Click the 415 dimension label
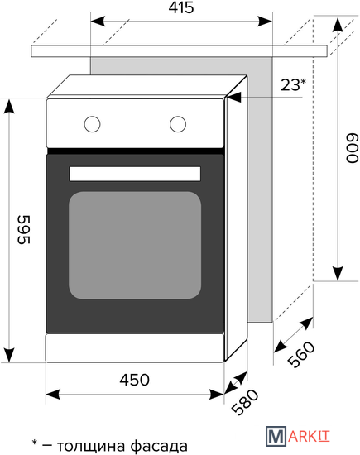click(181, 7)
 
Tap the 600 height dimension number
click(353, 148)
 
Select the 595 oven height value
click(24, 229)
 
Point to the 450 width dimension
click(134, 380)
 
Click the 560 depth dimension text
click(301, 354)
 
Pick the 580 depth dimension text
click(245, 402)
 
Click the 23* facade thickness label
click(293, 84)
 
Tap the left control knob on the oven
click(93, 124)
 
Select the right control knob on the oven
click(178, 124)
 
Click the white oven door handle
click(135, 174)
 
